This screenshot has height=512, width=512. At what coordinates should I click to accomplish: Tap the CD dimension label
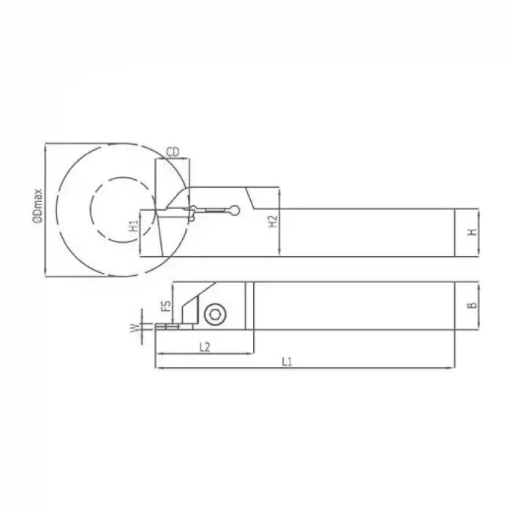tap(173, 151)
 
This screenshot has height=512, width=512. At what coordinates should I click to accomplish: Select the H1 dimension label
tap(133, 227)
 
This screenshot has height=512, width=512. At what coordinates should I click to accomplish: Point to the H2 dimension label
tap(272, 222)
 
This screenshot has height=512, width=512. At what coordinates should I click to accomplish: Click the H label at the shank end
tap(473, 232)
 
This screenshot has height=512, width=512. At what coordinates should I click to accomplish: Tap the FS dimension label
tap(165, 306)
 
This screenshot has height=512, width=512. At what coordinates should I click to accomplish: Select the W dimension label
tap(133, 328)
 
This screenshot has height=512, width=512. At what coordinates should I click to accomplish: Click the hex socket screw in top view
tap(215, 314)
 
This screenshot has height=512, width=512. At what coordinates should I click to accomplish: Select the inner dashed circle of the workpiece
tap(121, 211)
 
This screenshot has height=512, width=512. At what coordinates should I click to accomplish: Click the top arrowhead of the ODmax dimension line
tap(45, 146)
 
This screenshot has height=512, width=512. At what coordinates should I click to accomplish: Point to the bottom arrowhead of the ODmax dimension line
tap(45, 277)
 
